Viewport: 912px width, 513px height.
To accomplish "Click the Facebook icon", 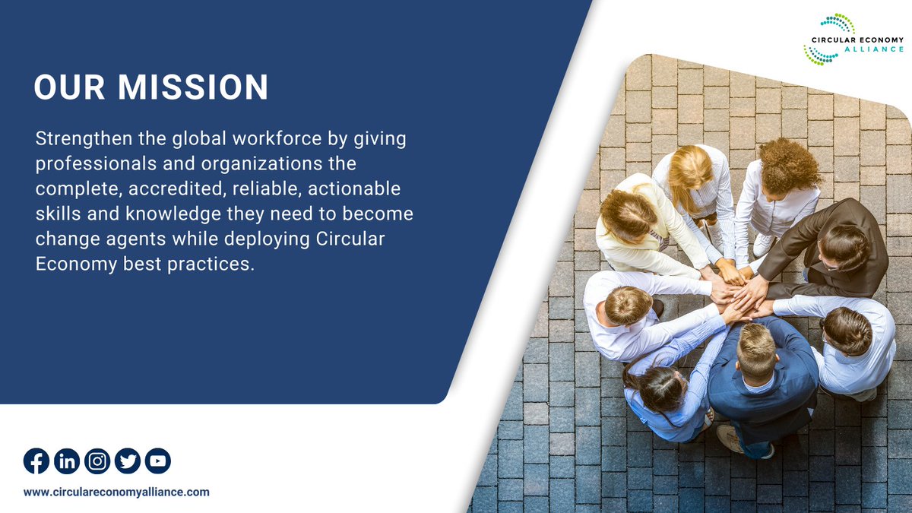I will [36, 461].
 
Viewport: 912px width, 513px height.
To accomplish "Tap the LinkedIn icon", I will [67, 461].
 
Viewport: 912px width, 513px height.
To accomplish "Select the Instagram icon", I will [97, 461].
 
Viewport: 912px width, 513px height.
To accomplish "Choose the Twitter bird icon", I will [128, 461].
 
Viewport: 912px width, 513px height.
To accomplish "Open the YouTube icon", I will [158, 461].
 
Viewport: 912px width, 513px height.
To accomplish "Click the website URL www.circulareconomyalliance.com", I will [116, 492].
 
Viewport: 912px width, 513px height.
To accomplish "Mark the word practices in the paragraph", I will [216, 264].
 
